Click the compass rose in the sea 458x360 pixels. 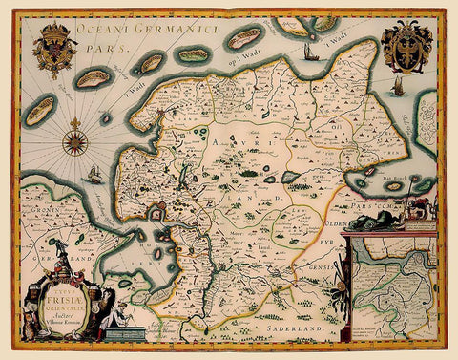(74, 142)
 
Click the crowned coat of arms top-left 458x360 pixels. (52, 51)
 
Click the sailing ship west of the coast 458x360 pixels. (94, 175)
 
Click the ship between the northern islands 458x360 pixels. (310, 52)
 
